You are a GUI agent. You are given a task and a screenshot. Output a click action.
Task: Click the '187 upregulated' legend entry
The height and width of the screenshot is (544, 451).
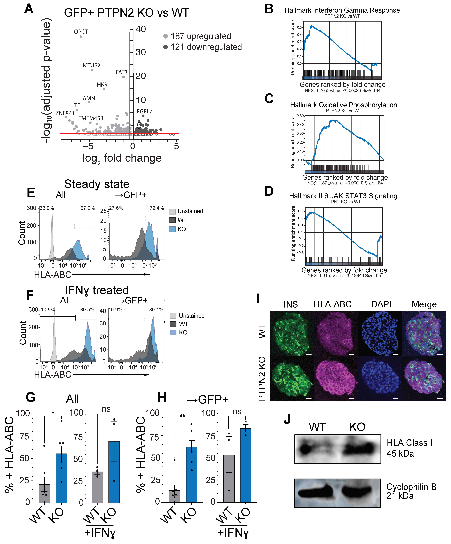[x=201, y=36]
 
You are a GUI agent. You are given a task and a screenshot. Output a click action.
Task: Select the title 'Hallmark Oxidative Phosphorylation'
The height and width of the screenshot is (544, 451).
[x=343, y=105]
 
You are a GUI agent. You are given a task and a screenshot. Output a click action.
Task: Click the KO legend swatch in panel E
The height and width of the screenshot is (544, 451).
[x=172, y=229]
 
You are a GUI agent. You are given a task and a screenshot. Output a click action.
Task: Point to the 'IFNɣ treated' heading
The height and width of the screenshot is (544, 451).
[x=96, y=290]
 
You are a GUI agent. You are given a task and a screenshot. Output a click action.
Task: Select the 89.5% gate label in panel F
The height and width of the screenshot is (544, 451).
[x=87, y=310]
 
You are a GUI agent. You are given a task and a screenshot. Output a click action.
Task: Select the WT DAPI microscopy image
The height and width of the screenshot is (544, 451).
[x=380, y=333]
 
